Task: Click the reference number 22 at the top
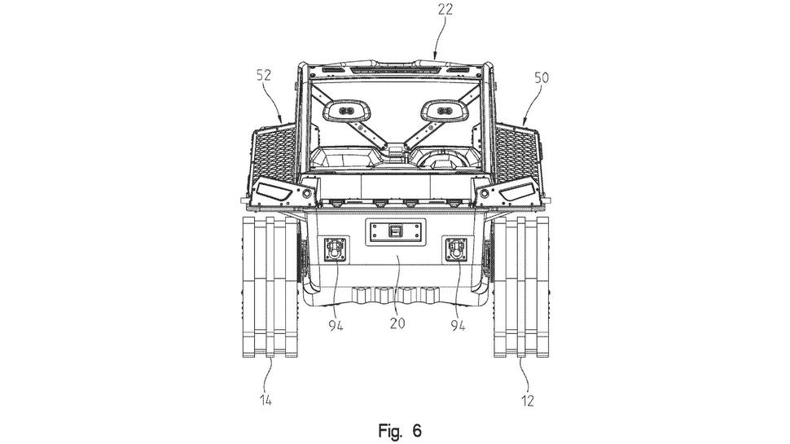445,10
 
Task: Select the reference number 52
264,75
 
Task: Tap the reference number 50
542,77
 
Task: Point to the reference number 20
397,323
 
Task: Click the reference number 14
266,401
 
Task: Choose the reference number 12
528,401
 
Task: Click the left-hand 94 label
336,326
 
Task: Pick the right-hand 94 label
458,326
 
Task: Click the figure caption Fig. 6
400,431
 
